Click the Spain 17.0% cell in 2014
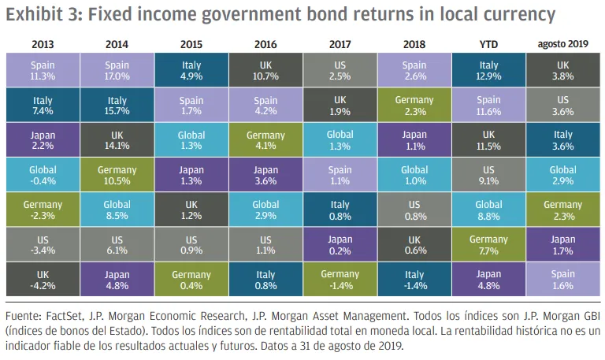tap(117, 70)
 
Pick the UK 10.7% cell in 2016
tap(265, 70)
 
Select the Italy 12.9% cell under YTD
tap(488, 70)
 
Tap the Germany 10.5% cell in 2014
tap(117, 175)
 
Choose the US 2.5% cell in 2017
tap(340, 70)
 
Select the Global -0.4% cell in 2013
tap(42, 175)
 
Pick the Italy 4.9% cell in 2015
tap(191, 70)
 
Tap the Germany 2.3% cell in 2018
tap(414, 105)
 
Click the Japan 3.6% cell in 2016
tap(265, 175)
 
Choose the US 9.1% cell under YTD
tap(488, 175)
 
